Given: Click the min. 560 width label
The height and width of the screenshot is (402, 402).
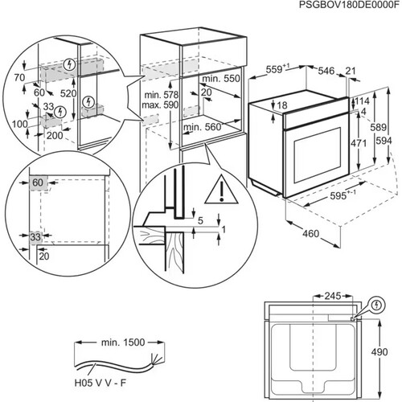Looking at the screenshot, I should pyautogui.click(x=203, y=128).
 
